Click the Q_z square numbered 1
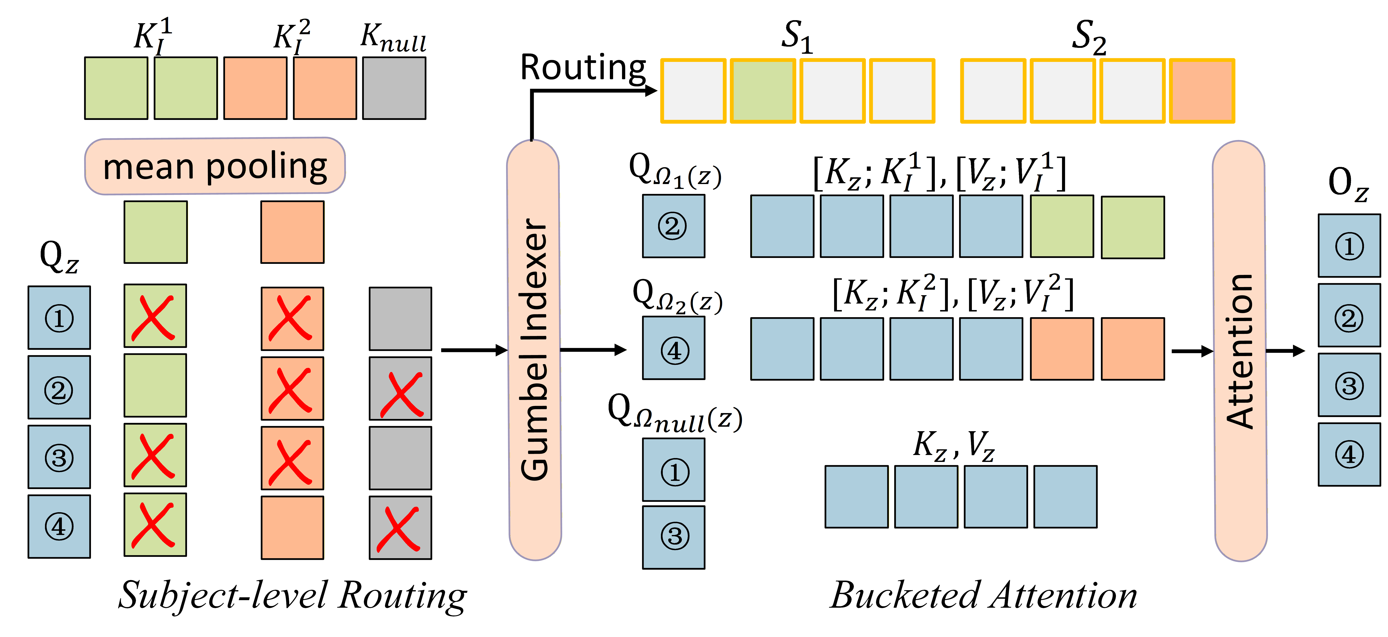[59, 317]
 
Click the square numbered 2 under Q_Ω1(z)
[674, 226]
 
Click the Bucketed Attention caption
[983, 595]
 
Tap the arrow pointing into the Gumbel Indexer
[474, 350]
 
